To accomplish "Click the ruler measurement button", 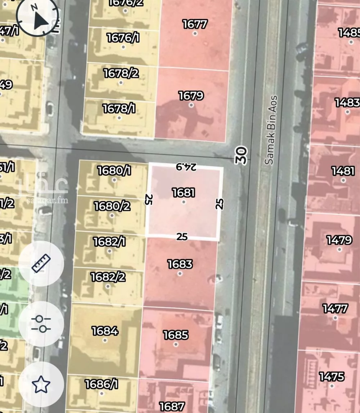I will pyautogui.click(x=41, y=263).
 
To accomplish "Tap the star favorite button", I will pyautogui.click(x=41, y=384).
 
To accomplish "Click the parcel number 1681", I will pyautogui.click(x=184, y=192).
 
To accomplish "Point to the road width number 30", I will pyautogui.click(x=242, y=155).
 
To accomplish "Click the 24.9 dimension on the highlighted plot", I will pyautogui.click(x=186, y=167).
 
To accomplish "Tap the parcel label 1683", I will pyautogui.click(x=180, y=264).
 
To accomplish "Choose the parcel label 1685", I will pyautogui.click(x=176, y=335).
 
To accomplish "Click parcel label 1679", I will pyautogui.click(x=191, y=96).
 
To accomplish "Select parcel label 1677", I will pyautogui.click(x=195, y=24).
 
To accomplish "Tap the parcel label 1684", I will pyautogui.click(x=105, y=331).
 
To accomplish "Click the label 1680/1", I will pyautogui.click(x=115, y=171).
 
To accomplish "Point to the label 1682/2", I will pyautogui.click(x=108, y=277).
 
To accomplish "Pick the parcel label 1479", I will pyautogui.click(x=339, y=240).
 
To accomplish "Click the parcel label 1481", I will pyautogui.click(x=343, y=171).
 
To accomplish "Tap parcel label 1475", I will pyautogui.click(x=332, y=377).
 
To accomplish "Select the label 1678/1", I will pyautogui.click(x=119, y=108).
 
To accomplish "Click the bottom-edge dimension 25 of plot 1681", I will pyautogui.click(x=182, y=236).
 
